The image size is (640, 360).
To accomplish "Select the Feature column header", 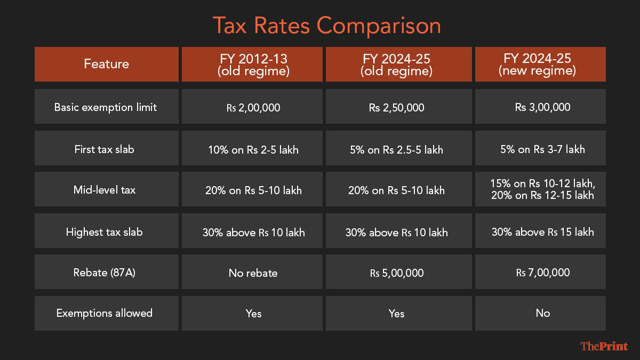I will pyautogui.click(x=107, y=64).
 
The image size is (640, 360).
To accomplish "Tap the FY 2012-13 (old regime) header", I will pyautogui.click(x=253, y=65).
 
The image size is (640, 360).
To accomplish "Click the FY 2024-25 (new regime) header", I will pyautogui.click(x=540, y=65).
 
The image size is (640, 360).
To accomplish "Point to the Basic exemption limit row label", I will pyautogui.click(x=106, y=107).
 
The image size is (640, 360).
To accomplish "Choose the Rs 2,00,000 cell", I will pyautogui.click(x=253, y=107).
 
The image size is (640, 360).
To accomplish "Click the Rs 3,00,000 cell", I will pyautogui.click(x=540, y=107).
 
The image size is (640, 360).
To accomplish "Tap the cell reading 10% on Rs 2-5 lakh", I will pyautogui.click(x=253, y=149).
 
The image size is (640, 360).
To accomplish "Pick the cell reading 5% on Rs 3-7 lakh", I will pyautogui.click(x=540, y=149).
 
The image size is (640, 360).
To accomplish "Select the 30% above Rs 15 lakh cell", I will pyautogui.click(x=540, y=232).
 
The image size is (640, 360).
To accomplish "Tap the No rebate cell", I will pyautogui.click(x=253, y=273).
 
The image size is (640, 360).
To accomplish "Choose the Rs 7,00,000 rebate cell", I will pyautogui.click(x=540, y=273).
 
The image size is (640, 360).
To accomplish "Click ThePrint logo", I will pyautogui.click(x=604, y=347).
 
